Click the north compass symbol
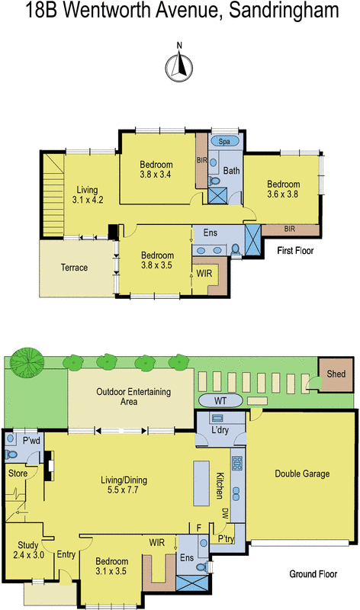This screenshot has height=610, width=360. click(179, 66)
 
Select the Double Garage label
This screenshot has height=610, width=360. click(302, 474)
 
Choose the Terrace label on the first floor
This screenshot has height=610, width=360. click(74, 268)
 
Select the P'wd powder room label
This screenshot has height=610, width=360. click(31, 441)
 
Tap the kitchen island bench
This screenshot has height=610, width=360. click(202, 481)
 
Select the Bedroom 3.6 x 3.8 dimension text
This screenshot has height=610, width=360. click(283, 194)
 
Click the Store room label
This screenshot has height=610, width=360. click(18, 473)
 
